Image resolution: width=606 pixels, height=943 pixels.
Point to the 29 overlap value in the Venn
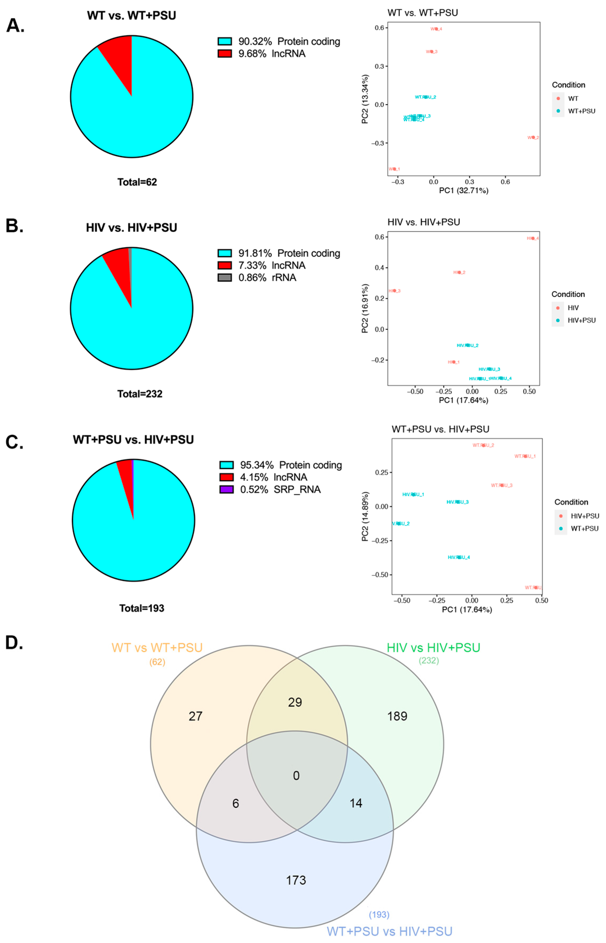[x=295, y=702]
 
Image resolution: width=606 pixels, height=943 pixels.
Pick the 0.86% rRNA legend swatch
[x=225, y=278]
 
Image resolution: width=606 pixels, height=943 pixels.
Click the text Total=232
[x=140, y=394]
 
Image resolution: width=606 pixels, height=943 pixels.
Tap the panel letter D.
[x=14, y=643]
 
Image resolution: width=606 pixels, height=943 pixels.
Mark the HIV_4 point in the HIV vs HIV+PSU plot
[x=533, y=238]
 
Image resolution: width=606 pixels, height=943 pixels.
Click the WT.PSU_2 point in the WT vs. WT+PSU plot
[x=426, y=97]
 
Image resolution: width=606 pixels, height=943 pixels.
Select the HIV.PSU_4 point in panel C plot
[x=459, y=557]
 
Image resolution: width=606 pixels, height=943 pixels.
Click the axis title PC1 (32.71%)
[x=464, y=191]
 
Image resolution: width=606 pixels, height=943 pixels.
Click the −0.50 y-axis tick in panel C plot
[x=380, y=574]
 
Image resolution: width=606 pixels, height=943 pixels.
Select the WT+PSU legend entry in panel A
[x=581, y=111]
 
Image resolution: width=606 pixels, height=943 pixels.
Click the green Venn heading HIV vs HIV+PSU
[x=433, y=648]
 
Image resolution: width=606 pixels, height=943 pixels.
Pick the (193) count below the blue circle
[x=379, y=915]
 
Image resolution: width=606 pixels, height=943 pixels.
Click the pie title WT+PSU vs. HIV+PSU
[x=133, y=440]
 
